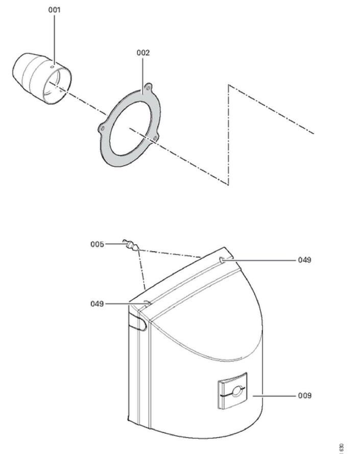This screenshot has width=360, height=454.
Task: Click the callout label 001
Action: pos(54,10)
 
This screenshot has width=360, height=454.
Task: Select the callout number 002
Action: pos(143,53)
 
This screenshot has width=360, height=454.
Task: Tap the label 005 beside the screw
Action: pos(98,244)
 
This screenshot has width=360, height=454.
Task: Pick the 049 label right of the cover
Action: pos(305,260)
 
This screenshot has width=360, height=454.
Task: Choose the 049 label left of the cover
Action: pos(98,304)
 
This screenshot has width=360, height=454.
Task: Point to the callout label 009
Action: pos(305,395)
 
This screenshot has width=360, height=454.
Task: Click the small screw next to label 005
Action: pos(130,246)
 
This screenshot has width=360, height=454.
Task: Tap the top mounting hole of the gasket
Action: pos(149,87)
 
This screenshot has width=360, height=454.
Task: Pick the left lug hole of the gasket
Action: pos(103,128)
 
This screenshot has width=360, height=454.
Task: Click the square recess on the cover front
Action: pos(232,391)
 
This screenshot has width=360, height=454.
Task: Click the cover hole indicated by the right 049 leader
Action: pos(223,261)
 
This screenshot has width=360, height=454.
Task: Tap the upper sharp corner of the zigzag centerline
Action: pos(229,85)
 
